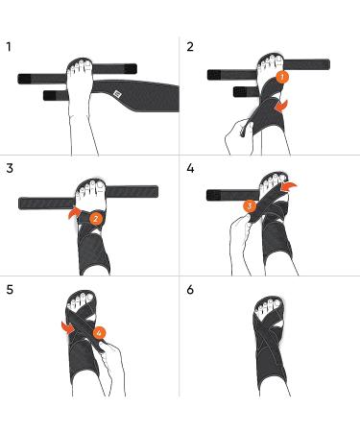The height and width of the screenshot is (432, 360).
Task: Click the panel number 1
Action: tap(9, 47)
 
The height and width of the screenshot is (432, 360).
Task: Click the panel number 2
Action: tap(190, 47)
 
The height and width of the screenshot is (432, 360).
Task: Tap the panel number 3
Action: tap(10, 168)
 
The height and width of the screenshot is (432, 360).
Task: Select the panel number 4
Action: tap(190, 168)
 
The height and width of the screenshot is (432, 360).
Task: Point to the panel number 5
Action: tap(10, 290)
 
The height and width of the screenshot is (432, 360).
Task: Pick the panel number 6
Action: tap(190, 290)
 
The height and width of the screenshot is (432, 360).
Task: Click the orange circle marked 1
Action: tap(282, 77)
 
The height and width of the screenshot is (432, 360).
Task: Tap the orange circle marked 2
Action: tap(96, 219)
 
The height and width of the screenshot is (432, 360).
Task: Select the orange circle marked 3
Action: tap(250, 206)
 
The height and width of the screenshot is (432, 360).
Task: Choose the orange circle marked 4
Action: tap(100, 333)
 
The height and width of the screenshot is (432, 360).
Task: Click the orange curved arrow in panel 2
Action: tap(281, 107)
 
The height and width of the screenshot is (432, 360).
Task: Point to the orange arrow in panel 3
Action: tap(74, 213)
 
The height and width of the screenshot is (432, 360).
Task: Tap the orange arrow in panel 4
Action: tap(289, 186)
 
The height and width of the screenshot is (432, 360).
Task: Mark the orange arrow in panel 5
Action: tap(68, 328)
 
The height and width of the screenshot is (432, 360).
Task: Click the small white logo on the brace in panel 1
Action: tap(117, 94)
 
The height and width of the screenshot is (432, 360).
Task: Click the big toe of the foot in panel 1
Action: tap(87, 65)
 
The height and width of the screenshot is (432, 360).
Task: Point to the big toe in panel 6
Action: tap(276, 303)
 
